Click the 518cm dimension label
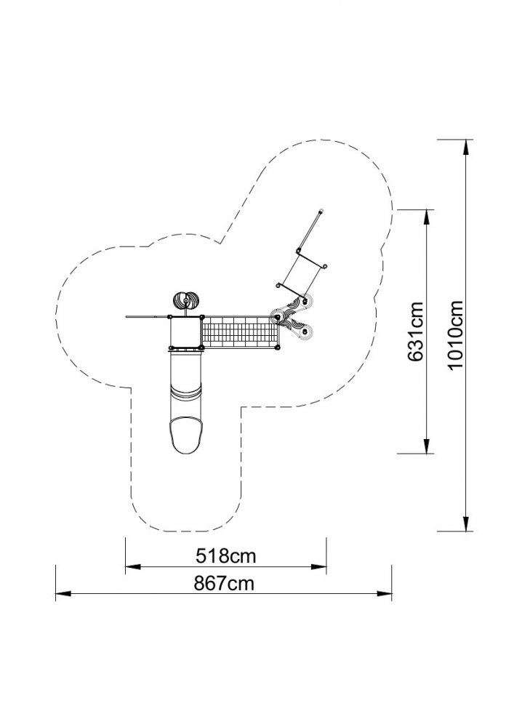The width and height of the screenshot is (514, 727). (225, 555)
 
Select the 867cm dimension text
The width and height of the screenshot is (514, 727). (225, 583)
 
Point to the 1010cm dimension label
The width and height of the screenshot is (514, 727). (456, 334)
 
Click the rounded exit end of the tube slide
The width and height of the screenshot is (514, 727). (186, 436)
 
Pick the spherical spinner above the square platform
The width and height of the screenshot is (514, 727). (186, 301)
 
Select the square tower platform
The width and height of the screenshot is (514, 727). (186, 332)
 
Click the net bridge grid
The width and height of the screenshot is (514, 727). (241, 332)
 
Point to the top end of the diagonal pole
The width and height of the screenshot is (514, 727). (321, 212)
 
